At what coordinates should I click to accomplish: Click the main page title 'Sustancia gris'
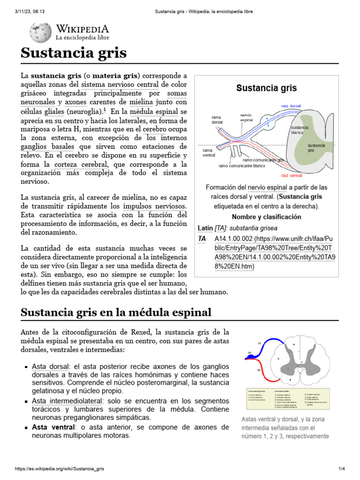74,53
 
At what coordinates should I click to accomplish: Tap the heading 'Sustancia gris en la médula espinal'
116,312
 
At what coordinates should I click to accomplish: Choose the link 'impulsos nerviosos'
154,206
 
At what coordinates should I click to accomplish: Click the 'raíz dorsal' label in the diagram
291,106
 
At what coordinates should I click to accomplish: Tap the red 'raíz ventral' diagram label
292,176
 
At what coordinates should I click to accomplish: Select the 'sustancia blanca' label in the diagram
300,130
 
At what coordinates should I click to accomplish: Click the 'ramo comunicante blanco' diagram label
241,166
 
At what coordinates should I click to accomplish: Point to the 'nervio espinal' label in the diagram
247,117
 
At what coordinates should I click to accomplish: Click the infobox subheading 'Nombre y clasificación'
266,217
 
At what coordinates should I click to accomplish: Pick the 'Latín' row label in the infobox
205,228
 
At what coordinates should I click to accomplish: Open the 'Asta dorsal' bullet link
51,366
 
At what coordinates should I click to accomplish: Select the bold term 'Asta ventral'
53,427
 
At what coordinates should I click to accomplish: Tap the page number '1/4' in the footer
341,469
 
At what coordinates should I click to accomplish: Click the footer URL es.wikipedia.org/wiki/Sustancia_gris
59,469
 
